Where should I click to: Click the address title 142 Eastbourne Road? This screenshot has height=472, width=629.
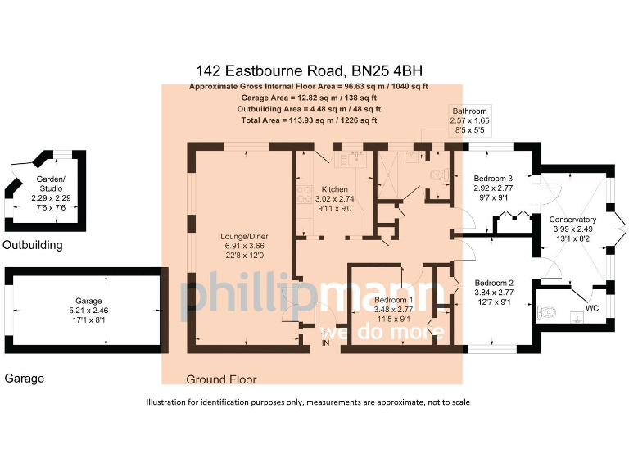click(310, 71)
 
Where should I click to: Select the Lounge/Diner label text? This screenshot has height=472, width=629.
click(245, 237)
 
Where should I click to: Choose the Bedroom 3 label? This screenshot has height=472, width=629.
click(494, 179)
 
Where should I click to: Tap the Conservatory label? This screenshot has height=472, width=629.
click(572, 220)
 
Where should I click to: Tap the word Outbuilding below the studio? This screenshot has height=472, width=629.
click(32, 245)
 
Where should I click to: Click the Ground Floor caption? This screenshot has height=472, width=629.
click(221, 379)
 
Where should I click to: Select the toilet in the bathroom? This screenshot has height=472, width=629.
click(437, 174)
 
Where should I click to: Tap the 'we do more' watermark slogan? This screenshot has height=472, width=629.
click(382, 332)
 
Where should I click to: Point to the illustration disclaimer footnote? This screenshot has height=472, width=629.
click(308, 402)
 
